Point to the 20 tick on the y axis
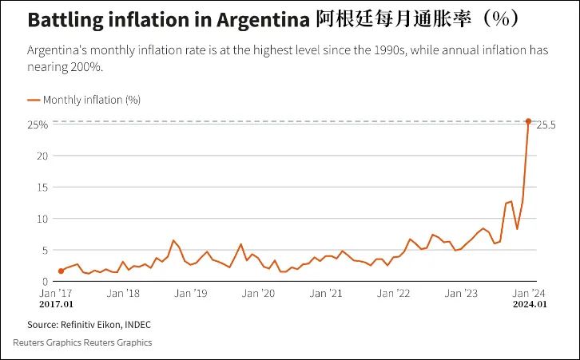click(42, 156)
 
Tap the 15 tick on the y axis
click(43, 188)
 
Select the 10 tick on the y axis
click(43, 219)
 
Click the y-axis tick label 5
click(46, 250)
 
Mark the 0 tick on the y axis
click(46, 281)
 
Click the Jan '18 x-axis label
click(124, 293)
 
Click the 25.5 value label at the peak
click(546, 125)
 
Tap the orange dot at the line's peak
click(528, 121)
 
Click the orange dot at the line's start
click(61, 271)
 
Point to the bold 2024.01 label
click(530, 304)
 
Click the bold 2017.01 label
click(56, 304)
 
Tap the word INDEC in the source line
click(136, 325)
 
